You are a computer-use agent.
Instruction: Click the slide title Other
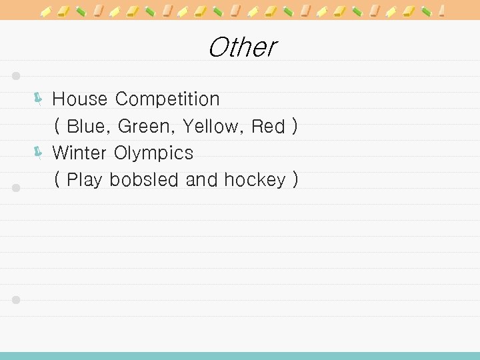point(241,47)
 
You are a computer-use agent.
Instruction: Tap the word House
point(79,99)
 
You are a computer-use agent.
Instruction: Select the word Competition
point(167,99)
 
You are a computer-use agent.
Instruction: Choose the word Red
point(268,126)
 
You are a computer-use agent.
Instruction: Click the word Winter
point(80,153)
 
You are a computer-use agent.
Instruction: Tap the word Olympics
point(153,153)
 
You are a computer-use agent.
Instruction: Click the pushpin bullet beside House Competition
point(38,100)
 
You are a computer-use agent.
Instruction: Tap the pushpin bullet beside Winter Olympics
point(38,153)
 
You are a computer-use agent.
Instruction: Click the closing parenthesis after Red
point(294,126)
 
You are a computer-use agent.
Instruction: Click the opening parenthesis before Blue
point(58,126)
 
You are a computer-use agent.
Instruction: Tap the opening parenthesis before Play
point(58,180)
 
